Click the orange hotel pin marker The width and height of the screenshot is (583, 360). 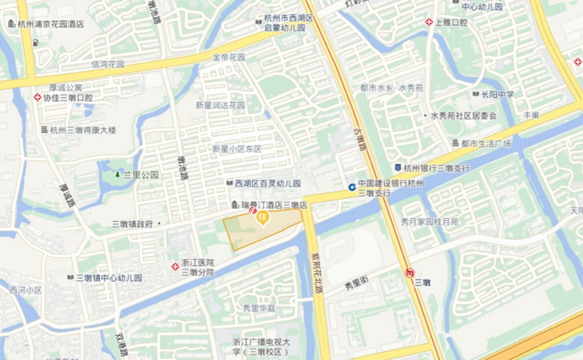point(263,217)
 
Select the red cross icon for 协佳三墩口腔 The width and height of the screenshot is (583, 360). point(37,97)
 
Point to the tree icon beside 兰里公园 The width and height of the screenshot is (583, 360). point(117,175)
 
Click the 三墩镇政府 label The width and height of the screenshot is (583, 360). point(132,223)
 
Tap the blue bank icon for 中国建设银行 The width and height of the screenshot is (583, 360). point(351,187)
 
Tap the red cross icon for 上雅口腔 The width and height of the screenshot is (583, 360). point(429,22)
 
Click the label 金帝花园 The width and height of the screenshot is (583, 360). point(229,58)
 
